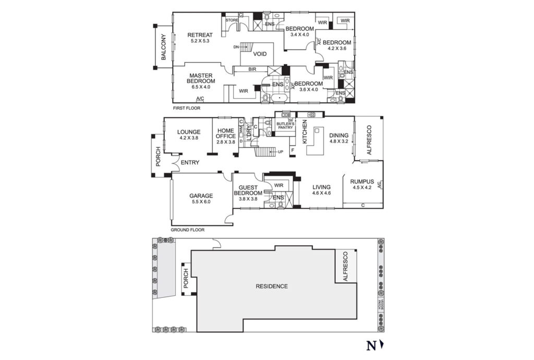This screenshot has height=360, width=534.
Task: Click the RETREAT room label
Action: [x=200, y=35]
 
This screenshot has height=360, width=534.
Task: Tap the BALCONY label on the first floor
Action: [x=163, y=47]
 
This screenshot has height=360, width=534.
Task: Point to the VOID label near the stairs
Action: [x=260, y=54]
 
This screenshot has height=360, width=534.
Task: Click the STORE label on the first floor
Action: [x=232, y=20]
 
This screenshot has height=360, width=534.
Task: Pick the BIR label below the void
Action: [x=252, y=69]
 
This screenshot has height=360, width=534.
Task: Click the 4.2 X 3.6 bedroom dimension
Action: [x=337, y=49]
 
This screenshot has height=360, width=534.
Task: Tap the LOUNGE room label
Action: [x=189, y=132]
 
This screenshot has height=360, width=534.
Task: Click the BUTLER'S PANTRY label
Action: [x=286, y=125]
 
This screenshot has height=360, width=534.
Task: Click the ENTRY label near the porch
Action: [x=190, y=163]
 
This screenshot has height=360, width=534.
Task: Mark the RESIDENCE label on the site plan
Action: [x=271, y=286]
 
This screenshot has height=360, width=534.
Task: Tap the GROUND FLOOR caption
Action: [x=187, y=230]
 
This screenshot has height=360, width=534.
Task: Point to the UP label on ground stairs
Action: [x=280, y=152]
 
